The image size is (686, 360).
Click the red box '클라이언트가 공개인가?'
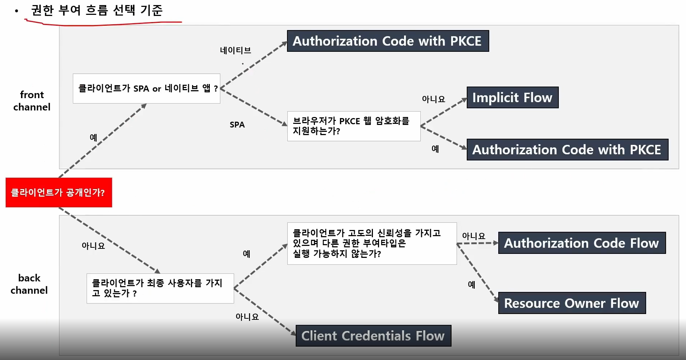59,192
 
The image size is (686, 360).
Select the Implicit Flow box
512,97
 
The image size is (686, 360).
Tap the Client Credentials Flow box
373,336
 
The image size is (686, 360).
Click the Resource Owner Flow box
571,303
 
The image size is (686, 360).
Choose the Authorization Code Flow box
582,243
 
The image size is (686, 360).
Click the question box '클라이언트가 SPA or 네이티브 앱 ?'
146,89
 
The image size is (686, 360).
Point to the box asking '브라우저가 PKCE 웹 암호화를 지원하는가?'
354,126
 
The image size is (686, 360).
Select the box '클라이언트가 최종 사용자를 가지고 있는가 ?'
160,288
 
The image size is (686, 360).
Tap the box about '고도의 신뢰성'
372,243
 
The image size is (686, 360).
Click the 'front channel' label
32,101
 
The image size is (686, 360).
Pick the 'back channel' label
29,284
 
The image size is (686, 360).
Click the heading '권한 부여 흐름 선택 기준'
97,10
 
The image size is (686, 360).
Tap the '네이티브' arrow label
236,50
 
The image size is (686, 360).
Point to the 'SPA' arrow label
237,125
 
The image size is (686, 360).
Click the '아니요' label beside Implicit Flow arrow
433,99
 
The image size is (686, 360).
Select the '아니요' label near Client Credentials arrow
247,317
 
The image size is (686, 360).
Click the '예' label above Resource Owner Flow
471,285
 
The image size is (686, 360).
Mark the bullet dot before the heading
17,11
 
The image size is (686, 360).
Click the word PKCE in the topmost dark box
466,41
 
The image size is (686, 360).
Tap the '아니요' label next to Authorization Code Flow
474,236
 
